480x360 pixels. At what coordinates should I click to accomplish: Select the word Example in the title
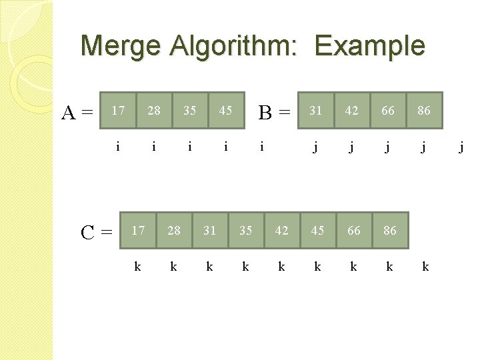pos(370,46)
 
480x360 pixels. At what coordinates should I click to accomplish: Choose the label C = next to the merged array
pos(96,233)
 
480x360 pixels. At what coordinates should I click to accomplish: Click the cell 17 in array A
pos(118,111)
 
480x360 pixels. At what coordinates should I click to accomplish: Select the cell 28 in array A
pos(154,111)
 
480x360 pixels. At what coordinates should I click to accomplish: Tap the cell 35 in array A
pos(190,111)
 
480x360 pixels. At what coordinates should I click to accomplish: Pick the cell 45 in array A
pos(226,111)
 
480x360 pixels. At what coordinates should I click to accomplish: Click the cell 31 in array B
pos(315,111)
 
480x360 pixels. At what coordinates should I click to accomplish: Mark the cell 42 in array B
pos(351,111)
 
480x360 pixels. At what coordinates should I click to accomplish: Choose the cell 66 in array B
pos(387,111)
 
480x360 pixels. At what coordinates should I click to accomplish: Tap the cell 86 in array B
pos(423,111)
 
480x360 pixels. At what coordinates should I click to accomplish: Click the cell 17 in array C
pos(138,231)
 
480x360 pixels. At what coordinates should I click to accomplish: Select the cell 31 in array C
pos(210,231)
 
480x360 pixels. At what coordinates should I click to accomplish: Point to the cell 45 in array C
pos(318,231)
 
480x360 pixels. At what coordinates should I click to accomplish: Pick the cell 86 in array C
pos(390,231)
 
